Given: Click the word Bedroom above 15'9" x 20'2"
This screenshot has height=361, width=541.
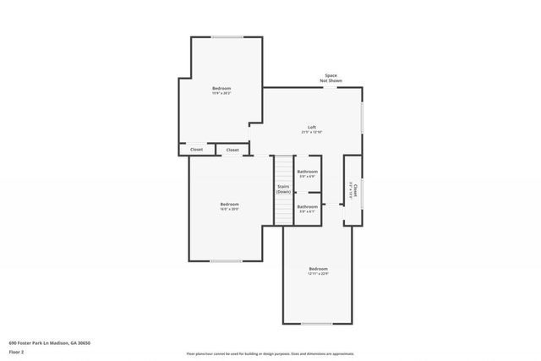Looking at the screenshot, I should click(221, 89).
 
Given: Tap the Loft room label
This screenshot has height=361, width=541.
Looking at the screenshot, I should click(312, 127).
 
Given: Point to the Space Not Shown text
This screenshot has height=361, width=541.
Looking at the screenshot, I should click(330, 78).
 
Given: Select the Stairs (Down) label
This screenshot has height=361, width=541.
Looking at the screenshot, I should click(283, 189).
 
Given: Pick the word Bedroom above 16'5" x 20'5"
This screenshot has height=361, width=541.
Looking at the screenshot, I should click(230, 204).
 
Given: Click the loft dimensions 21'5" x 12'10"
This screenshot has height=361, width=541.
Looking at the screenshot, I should click(312, 133).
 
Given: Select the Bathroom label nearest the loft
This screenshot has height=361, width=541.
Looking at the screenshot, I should click(307, 172).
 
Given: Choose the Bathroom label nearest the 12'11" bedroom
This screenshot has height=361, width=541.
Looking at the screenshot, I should click(307, 206).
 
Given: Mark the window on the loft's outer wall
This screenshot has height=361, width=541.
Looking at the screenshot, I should click(362, 118).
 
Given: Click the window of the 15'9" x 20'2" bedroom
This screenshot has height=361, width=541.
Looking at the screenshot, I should click(226, 36).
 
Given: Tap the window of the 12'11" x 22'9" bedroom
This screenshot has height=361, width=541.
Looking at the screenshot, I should click(317, 324).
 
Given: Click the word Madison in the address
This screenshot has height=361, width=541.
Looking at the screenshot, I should click(60, 342).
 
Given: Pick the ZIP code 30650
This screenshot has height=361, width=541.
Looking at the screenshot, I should click(83, 342).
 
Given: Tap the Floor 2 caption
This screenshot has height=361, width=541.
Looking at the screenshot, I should click(17, 352).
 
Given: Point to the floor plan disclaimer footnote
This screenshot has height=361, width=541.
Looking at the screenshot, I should click(270, 353).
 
